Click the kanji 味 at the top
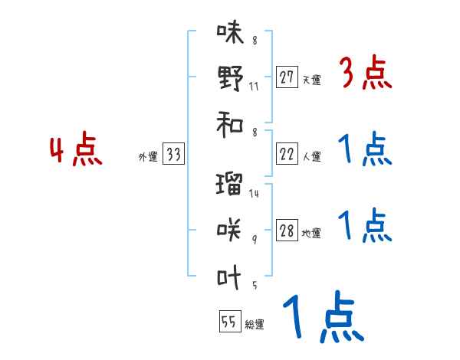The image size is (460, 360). pos(229,33)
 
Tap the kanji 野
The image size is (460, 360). pos(229,77)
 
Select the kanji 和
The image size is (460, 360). pos(229,123)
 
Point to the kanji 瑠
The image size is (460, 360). pos(229,185)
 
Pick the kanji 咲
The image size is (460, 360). pos(229,230)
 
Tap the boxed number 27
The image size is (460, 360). pos(287,77)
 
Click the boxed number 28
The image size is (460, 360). pos(287,231)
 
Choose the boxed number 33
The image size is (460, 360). pos(172,155)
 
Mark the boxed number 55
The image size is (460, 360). pos(229,322)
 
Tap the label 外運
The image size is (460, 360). pos(148,157)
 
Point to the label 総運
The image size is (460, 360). pos(255,324)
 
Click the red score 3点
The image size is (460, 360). pos(365,75)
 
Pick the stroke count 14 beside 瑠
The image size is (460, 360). pos(254,193)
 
